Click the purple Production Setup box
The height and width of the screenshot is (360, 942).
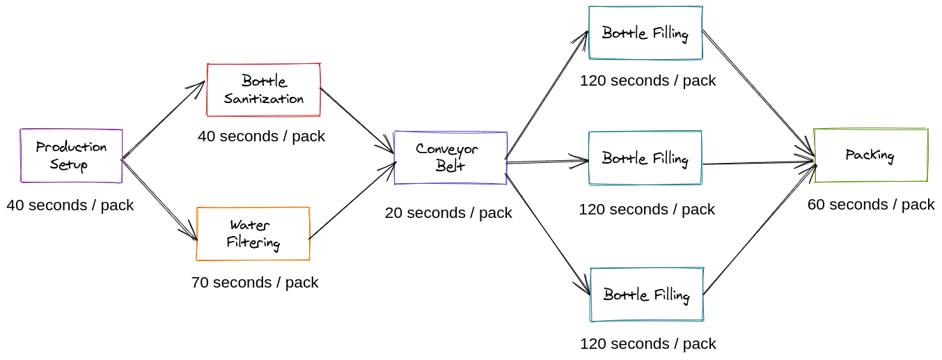(x=71, y=156)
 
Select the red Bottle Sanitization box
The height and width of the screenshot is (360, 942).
(x=263, y=90)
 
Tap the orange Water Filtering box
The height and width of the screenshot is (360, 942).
(x=253, y=234)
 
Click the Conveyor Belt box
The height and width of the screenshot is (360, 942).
(x=450, y=157)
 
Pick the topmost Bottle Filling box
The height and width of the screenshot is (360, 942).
(x=645, y=33)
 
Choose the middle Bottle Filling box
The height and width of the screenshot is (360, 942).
(x=645, y=158)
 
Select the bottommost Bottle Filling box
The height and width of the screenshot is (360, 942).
(x=646, y=295)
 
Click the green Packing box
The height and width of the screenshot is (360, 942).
(x=870, y=155)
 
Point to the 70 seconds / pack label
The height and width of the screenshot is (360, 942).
(x=254, y=283)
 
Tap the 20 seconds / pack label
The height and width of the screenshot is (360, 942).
(x=448, y=213)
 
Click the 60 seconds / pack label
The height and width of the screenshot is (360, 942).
(x=870, y=205)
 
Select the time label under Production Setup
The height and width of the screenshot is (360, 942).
(x=70, y=205)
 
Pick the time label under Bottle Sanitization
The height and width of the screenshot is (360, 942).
(x=261, y=136)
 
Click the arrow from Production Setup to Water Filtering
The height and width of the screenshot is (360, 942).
(x=159, y=201)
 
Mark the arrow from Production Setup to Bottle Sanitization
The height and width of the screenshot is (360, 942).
(x=163, y=120)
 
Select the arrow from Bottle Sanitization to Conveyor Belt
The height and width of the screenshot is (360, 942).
(x=356, y=120)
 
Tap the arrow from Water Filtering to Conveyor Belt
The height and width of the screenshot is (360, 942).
(x=352, y=201)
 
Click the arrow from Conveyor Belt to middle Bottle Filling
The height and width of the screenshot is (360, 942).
(x=547, y=162)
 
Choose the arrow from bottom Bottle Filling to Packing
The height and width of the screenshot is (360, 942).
(x=759, y=229)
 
